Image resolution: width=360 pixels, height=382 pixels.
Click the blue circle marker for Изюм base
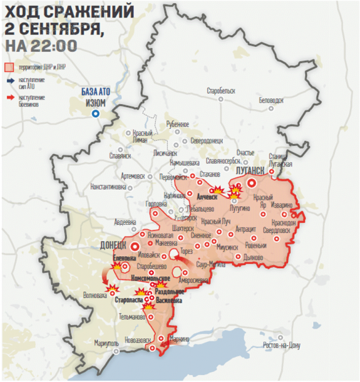pos(95,113)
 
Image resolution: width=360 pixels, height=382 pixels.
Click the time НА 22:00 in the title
pos(41,46)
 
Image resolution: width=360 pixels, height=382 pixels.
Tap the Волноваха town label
pos(95,295)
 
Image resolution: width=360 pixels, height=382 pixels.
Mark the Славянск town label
pos(120,155)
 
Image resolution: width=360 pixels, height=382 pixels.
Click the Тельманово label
pos(132,317)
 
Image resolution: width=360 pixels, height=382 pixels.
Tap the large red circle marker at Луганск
pos(251,183)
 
